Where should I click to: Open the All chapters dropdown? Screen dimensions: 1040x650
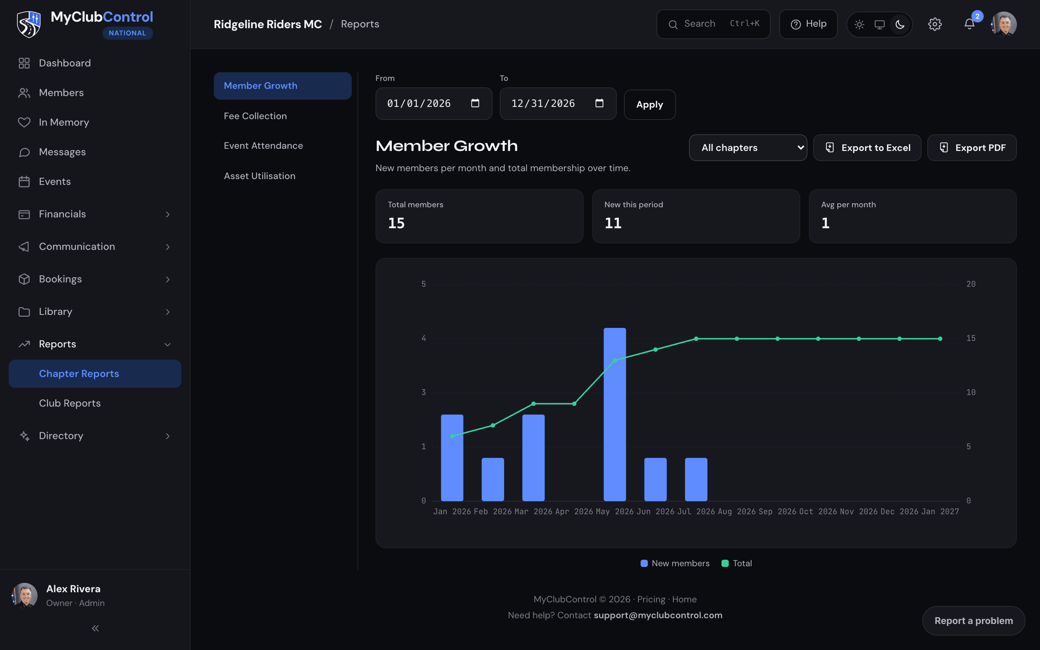(748, 147)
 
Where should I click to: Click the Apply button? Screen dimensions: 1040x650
(649, 104)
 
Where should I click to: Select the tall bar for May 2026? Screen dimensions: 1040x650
(615, 415)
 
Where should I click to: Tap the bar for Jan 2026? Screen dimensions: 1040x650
(452, 458)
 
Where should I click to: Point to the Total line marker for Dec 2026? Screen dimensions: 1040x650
(900, 339)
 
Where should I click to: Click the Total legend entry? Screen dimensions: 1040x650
(737, 563)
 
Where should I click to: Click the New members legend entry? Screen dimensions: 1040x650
(675, 563)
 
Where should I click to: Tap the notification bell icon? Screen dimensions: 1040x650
(969, 24)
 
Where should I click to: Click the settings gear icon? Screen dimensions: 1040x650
(935, 24)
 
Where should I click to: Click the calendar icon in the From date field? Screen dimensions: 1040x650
(475, 103)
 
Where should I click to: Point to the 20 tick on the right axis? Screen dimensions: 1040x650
(971, 284)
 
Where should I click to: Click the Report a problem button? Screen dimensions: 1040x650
(974, 620)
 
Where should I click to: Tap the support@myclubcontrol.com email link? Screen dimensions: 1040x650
(658, 615)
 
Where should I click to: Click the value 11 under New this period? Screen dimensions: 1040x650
(613, 223)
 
